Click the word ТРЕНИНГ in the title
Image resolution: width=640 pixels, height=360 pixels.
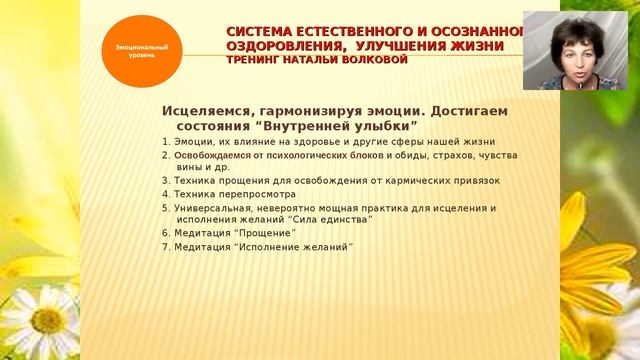click(255, 59)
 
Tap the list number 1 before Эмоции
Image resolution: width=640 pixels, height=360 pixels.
click(164, 142)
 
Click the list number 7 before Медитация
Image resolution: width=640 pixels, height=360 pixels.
click(164, 246)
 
